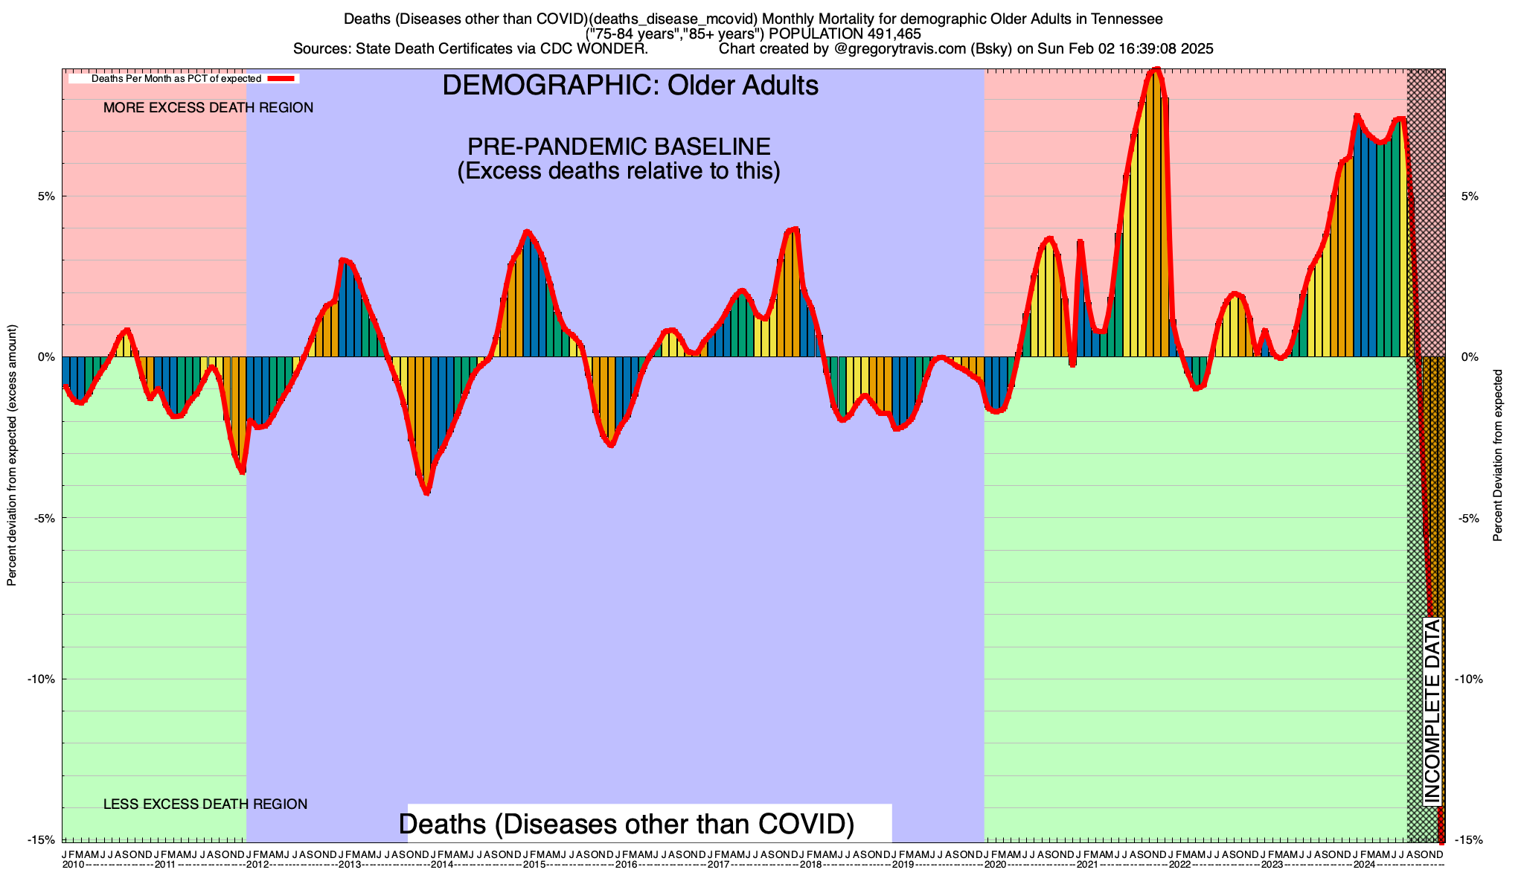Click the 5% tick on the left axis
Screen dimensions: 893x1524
click(x=46, y=196)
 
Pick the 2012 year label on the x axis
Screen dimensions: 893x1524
click(x=257, y=865)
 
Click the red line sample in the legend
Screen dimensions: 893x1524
click(x=283, y=78)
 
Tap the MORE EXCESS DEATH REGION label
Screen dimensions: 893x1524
click(x=208, y=108)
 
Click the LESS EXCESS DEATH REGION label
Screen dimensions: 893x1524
click(x=205, y=804)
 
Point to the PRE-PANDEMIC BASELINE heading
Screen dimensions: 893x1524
click(x=618, y=146)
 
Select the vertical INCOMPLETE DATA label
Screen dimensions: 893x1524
click(x=1432, y=711)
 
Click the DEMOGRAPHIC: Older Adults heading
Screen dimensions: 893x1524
click(x=630, y=86)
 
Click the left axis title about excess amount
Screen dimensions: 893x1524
click(x=12, y=455)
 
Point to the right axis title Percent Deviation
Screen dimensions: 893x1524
click(x=1498, y=455)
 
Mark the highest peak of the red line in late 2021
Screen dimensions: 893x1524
click(x=1156, y=70)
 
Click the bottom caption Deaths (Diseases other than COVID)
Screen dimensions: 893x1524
click(x=627, y=825)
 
